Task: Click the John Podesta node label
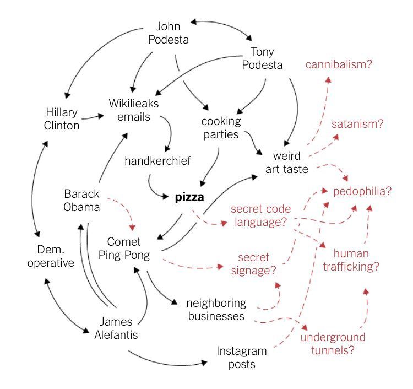point(172,33)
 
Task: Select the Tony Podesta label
point(266,58)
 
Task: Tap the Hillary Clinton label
point(62,119)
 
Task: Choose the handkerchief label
point(157,161)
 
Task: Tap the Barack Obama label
point(81,201)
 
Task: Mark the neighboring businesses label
point(216,310)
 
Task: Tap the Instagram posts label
point(241,358)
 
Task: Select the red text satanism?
point(357,123)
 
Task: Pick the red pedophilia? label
point(362,191)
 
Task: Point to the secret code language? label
point(260,216)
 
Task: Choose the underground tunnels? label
point(333,343)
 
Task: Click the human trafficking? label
point(356,261)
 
